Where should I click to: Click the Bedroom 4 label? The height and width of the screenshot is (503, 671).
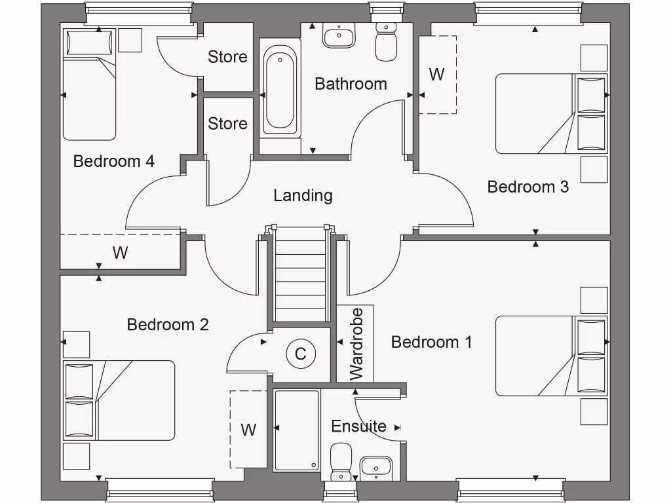pyautogui.click(x=113, y=161)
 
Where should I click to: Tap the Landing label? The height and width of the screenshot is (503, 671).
pyautogui.click(x=303, y=195)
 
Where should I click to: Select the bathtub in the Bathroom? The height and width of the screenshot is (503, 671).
pyautogui.click(x=280, y=91)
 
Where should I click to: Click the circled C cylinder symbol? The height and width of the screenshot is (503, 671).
pyautogui.click(x=301, y=354)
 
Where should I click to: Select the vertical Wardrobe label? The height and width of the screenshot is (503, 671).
pyautogui.click(x=356, y=344)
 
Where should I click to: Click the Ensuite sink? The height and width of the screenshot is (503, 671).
pyautogui.click(x=375, y=468)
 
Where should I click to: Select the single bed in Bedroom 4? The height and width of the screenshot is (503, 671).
pyautogui.click(x=89, y=84)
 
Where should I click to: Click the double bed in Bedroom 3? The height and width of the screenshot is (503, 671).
pyautogui.click(x=550, y=114)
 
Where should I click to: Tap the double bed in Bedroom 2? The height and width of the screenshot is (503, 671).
pyautogui.click(x=120, y=400)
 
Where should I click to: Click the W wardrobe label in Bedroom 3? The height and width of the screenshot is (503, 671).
pyautogui.click(x=437, y=75)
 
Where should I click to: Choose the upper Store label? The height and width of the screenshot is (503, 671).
pyautogui.click(x=227, y=57)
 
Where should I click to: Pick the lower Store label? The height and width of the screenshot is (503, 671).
pyautogui.click(x=227, y=123)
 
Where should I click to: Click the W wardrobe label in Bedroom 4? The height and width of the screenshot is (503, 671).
pyautogui.click(x=120, y=252)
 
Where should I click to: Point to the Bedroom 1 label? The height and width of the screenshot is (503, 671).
pyautogui.click(x=431, y=342)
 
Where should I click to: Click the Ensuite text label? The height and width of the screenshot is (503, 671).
pyautogui.click(x=358, y=426)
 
